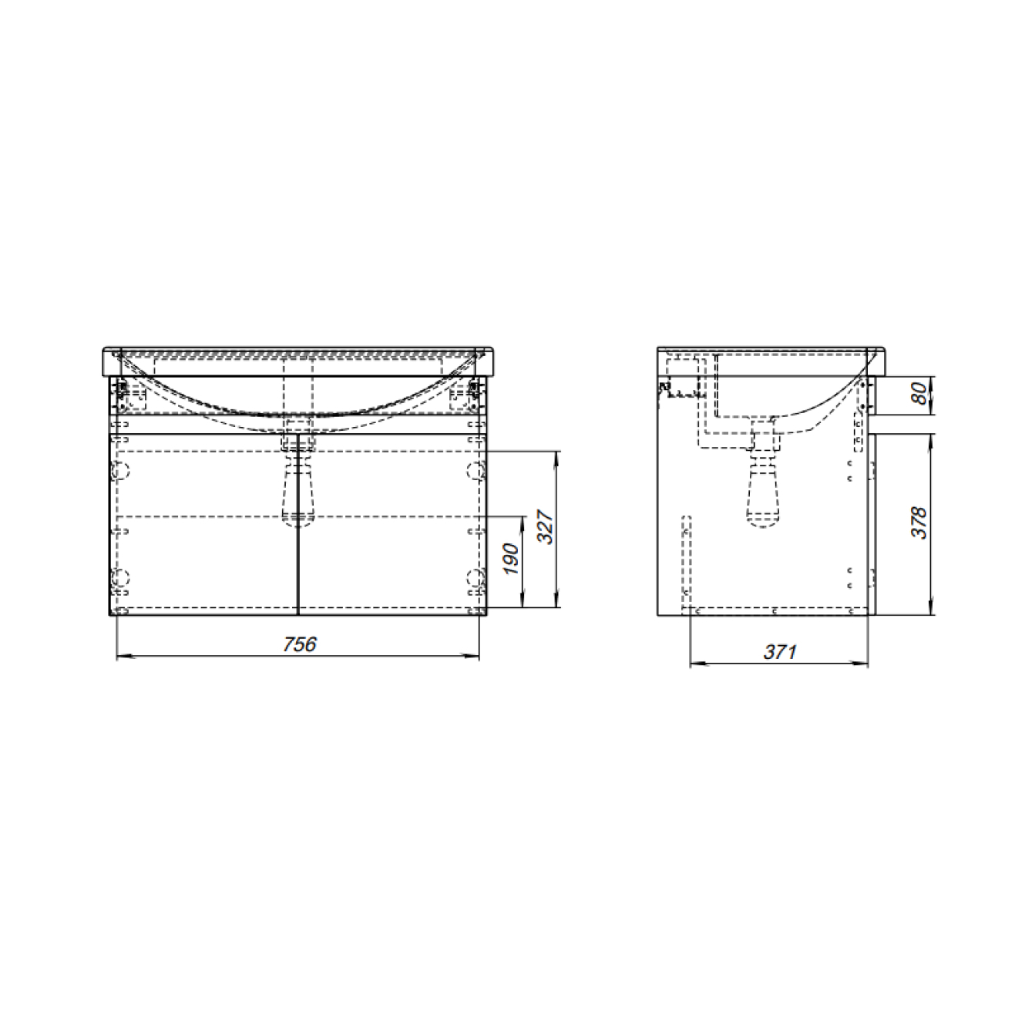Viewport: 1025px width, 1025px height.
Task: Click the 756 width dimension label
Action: pos(300,644)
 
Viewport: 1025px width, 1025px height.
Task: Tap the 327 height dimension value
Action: pos(546,526)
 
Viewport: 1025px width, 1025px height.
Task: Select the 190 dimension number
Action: pos(512,559)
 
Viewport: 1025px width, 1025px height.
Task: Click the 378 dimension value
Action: pos(919,523)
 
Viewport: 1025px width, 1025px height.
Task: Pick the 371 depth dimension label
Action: pos(780,652)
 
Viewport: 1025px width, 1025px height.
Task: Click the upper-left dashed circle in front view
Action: pos(121,470)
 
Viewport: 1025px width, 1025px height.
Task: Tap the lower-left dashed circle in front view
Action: pos(121,577)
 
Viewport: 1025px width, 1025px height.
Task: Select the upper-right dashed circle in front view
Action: pos(476,470)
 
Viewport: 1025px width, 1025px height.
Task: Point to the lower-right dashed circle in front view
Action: pos(476,577)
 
